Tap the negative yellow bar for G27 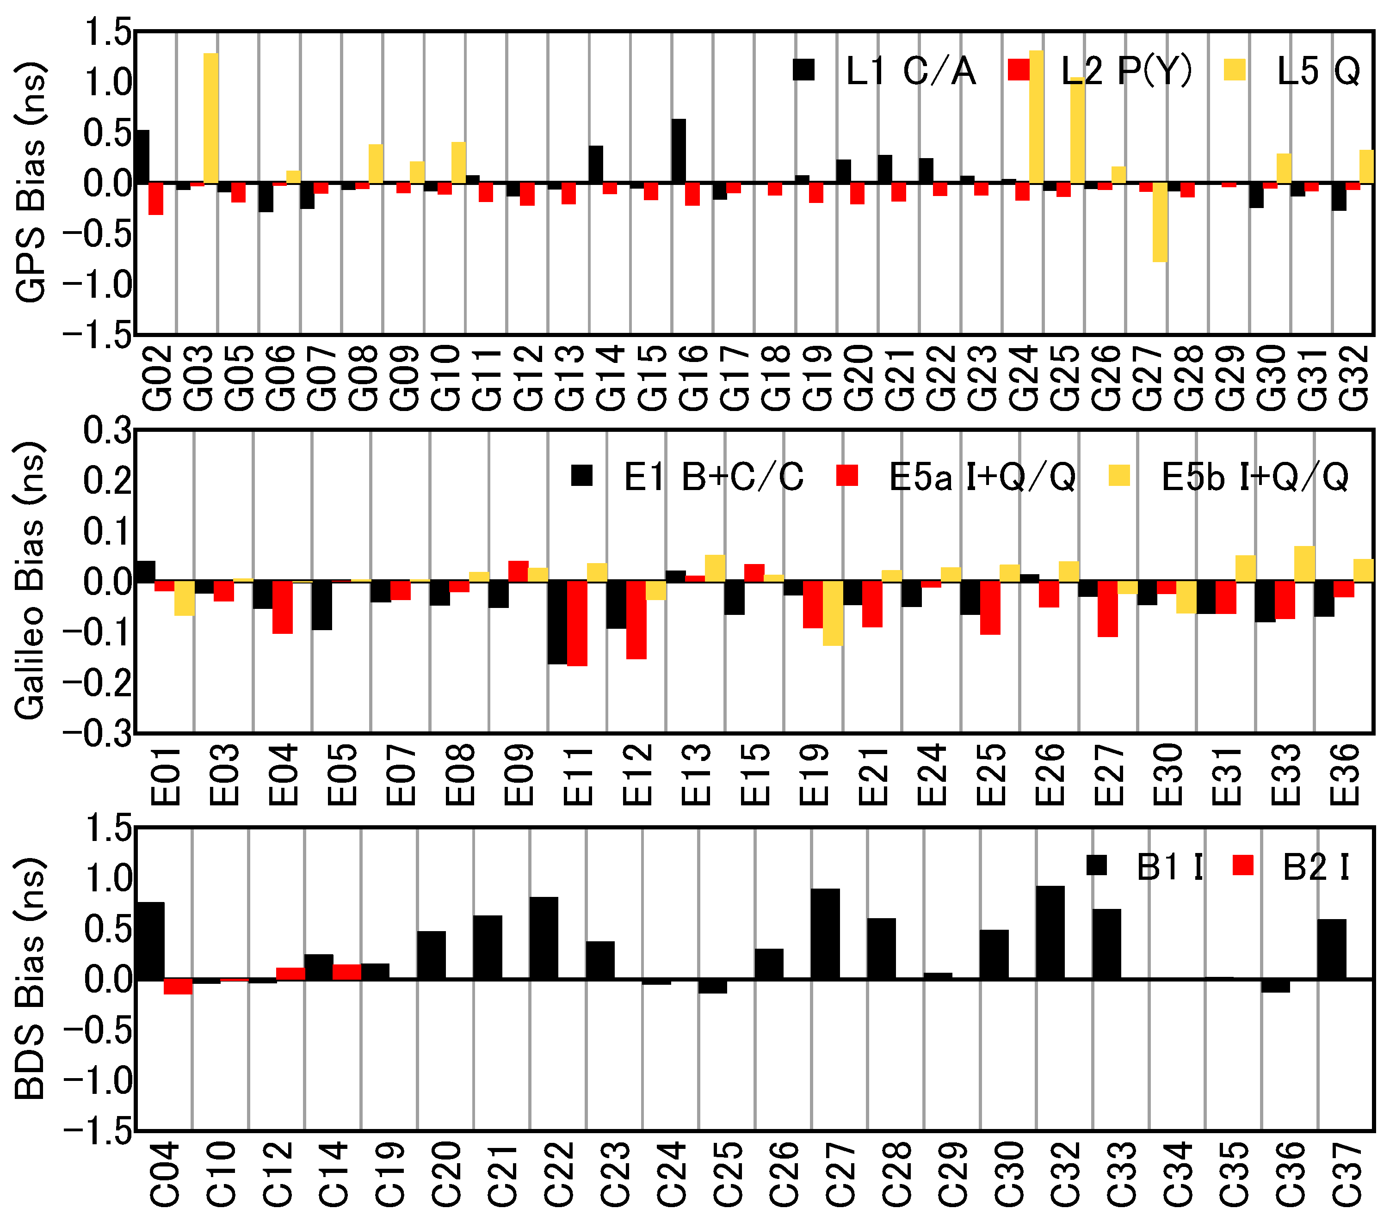(x=1160, y=223)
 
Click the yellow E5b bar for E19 (x=833, y=613)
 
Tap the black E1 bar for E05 (x=322, y=605)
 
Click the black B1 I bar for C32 (x=1050, y=933)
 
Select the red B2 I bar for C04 (x=178, y=986)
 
